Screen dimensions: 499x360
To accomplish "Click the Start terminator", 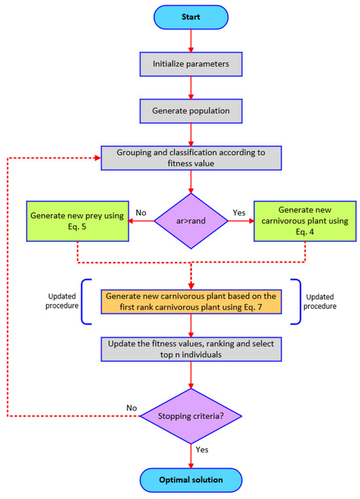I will tap(191, 16).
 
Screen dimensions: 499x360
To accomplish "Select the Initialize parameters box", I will tap(191, 64).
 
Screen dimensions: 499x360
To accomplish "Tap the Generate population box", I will tap(191, 111).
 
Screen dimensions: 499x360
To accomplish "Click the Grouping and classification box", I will tap(191, 158).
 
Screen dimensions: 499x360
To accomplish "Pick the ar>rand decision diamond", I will tap(191, 221).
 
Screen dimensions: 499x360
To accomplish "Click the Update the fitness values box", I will tap(191, 349).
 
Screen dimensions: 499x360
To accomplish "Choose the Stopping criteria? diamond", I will tap(191, 415).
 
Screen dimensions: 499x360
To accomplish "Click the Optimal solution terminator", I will tap(191, 480).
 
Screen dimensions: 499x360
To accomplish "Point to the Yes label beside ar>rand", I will tap(240, 213).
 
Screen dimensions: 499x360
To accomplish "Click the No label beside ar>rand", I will tap(141, 213).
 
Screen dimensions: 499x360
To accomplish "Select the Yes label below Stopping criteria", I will tap(203, 451).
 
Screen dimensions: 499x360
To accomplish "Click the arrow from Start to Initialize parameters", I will tap(191, 40).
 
